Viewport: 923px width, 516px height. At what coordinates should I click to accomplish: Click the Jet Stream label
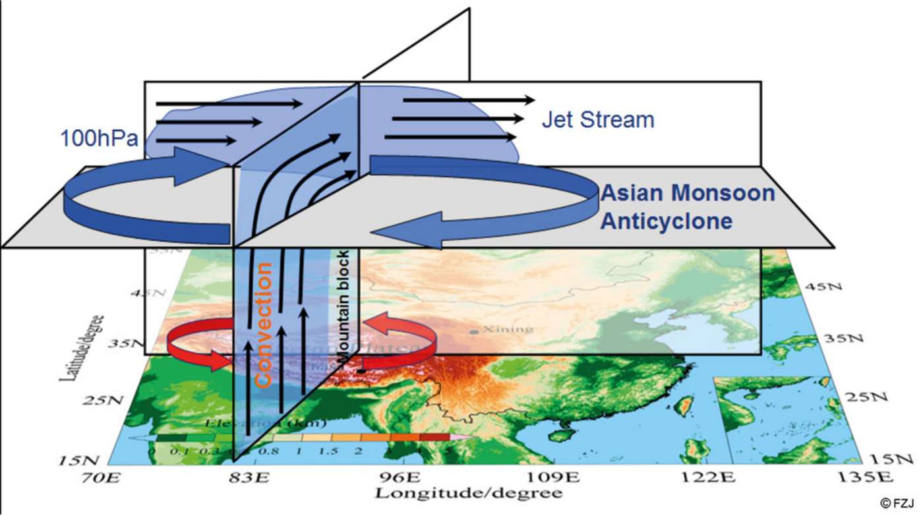pyautogui.click(x=597, y=120)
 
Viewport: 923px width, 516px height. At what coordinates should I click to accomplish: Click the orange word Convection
pyautogui.click(x=263, y=324)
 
